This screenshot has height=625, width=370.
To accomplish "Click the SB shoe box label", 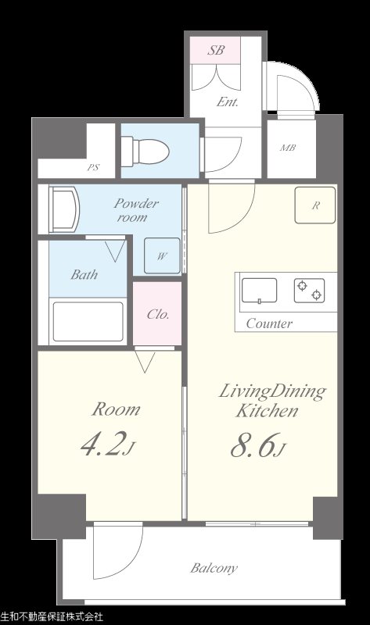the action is coord(216,50).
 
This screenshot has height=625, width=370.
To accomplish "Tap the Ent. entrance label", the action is coord(228,102).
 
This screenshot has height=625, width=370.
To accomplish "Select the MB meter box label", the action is coord(288,148).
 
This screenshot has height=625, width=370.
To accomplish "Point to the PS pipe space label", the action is coord(93,168).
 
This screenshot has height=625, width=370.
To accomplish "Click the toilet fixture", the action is coord(145,151).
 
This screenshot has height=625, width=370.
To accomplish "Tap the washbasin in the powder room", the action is coord(64,210).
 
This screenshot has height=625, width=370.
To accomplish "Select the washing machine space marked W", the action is coord(162,256).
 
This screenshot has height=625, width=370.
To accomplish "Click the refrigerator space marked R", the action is coord(315,205).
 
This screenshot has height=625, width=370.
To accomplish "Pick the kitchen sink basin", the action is coord(260,290).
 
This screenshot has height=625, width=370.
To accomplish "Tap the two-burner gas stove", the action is coord(309,290).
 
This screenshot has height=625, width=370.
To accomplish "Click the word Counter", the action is coord(269,323).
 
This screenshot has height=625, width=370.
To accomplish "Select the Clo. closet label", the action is coord(158,315).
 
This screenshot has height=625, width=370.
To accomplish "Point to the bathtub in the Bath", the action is coord(88,322).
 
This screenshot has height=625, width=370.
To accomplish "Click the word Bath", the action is coord(84,274).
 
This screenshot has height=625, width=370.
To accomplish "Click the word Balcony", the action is coord(214,568).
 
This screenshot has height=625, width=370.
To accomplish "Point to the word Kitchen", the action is coord(267,411).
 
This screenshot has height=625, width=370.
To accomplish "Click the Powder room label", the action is coord(136,210).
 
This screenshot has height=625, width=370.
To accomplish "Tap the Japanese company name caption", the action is coord(52,617).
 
